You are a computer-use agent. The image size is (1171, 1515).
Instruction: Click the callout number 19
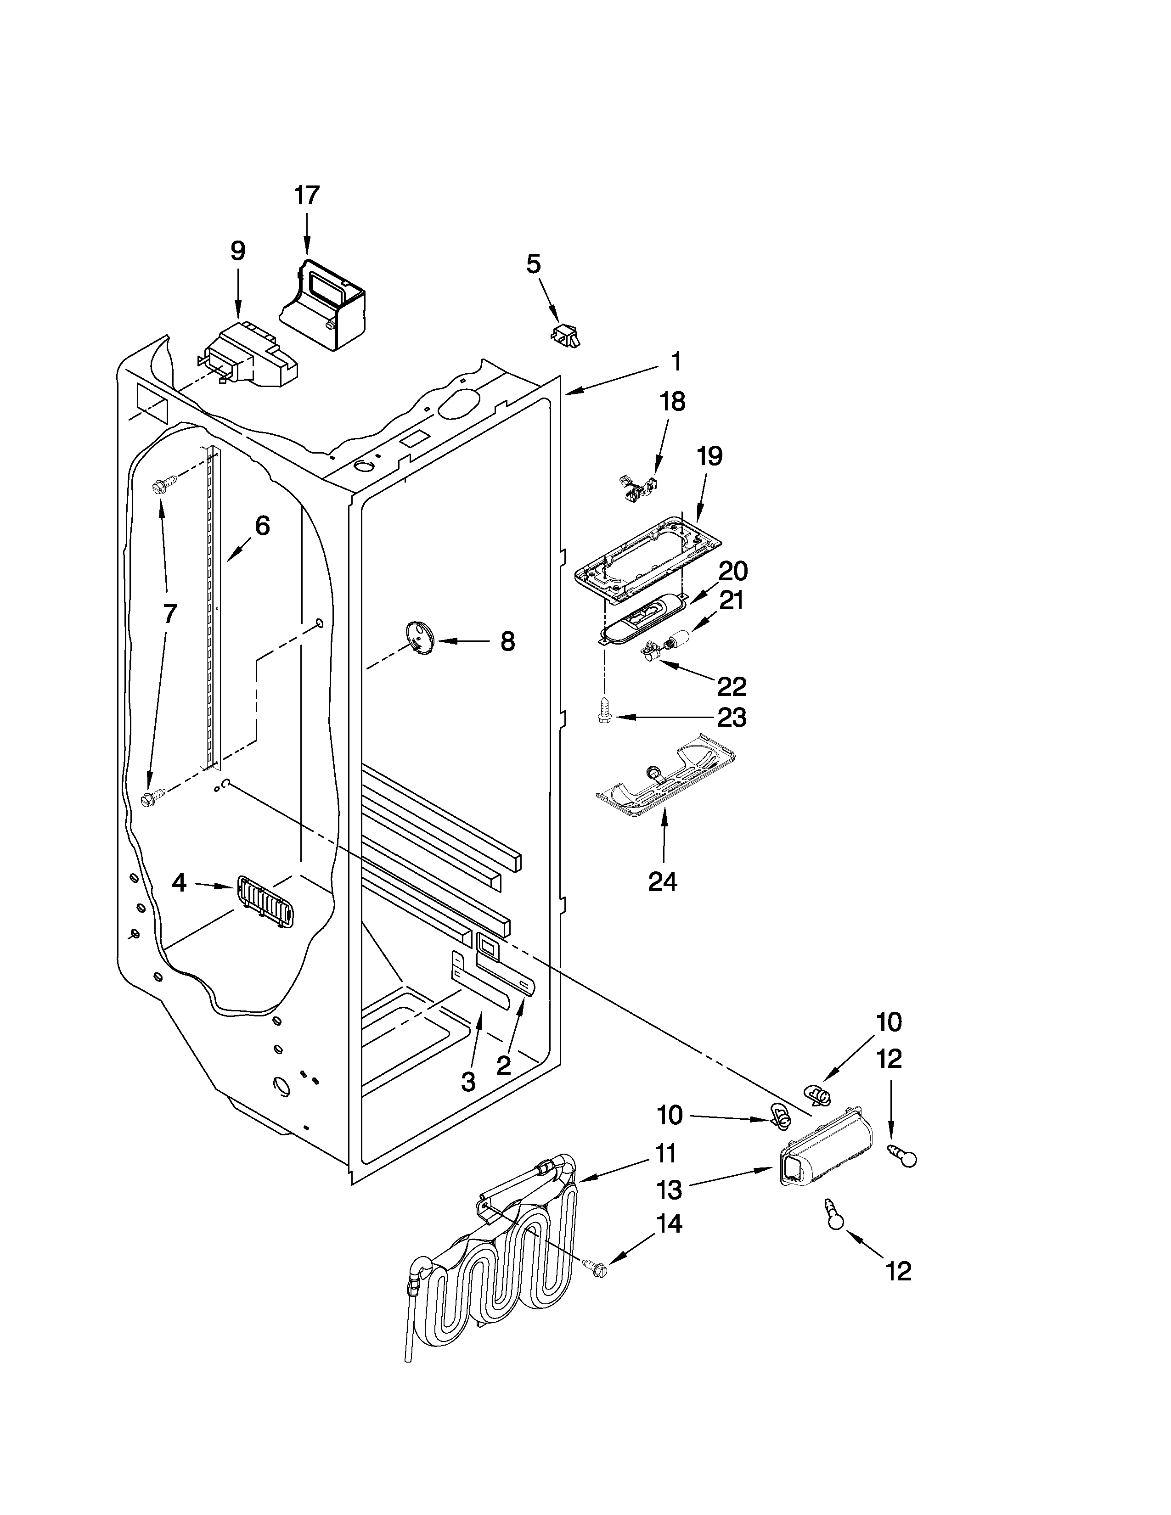coord(709,456)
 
